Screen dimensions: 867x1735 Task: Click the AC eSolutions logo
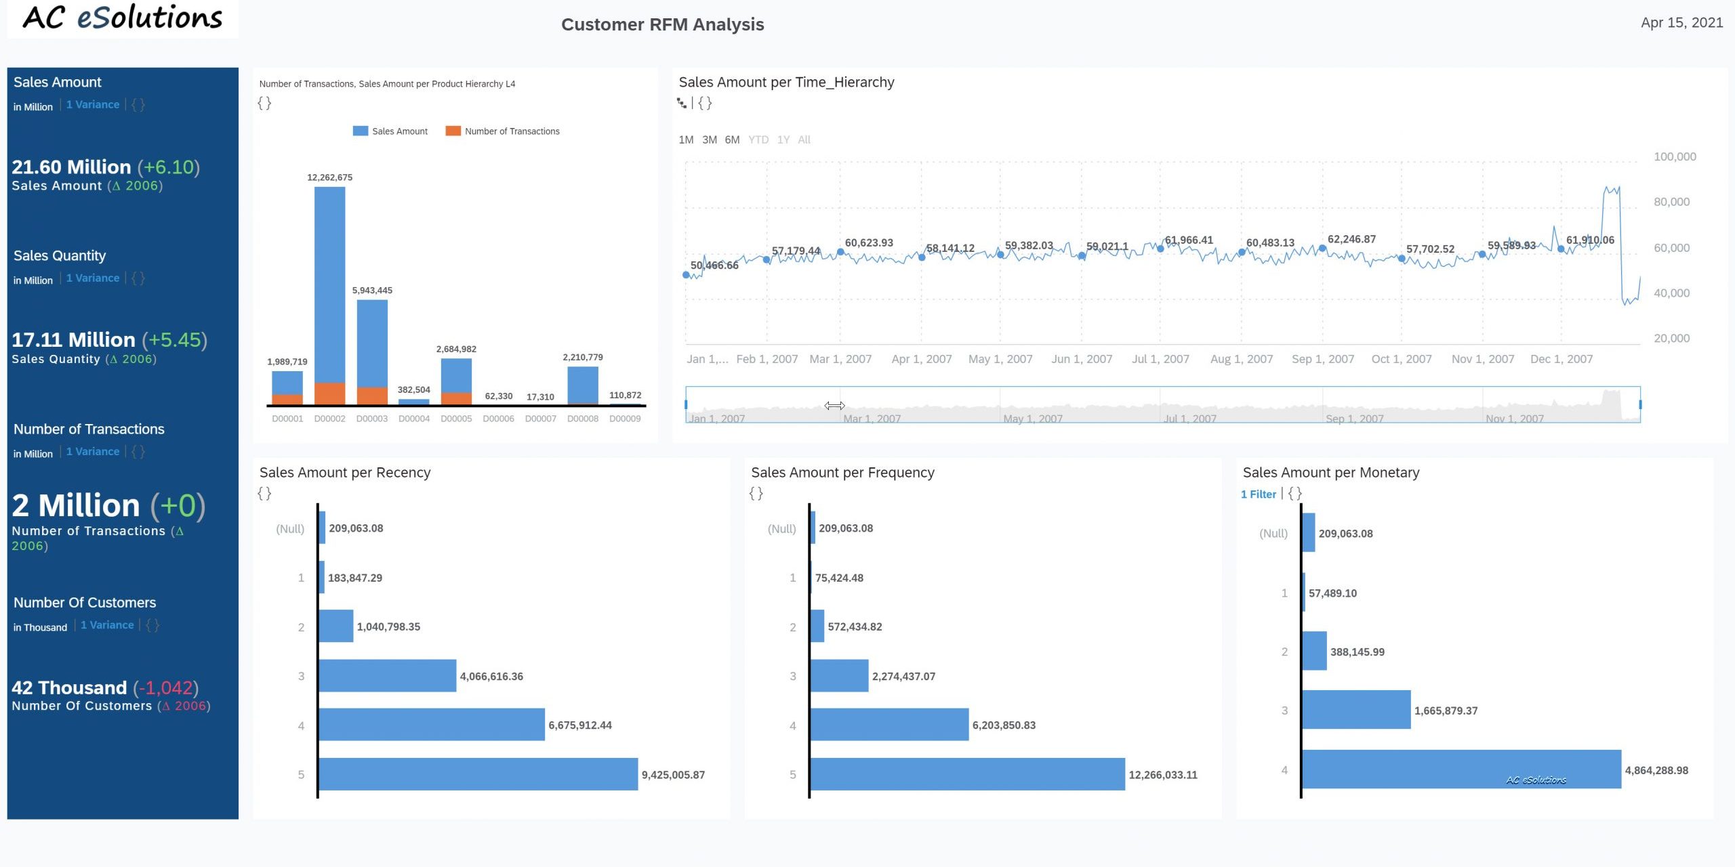[x=123, y=18]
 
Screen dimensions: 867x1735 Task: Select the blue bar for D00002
[x=329, y=284]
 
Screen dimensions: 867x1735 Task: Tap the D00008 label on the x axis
[x=583, y=419]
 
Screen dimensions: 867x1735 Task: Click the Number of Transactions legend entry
[x=503, y=131]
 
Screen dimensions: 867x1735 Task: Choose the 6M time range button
[x=732, y=140]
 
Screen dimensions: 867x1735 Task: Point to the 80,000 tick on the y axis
[x=1671, y=202]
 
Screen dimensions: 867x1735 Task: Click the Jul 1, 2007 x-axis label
[x=1160, y=359]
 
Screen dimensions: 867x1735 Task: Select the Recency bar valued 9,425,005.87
[x=478, y=774]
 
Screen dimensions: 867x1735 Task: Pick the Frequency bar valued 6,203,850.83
[x=889, y=725]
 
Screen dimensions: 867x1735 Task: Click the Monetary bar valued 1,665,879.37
[x=1356, y=710]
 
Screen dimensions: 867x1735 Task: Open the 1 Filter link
[x=1259, y=494]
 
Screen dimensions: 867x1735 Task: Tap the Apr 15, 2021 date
[x=1681, y=22]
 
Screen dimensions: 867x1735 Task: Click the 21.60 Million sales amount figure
[x=71, y=167]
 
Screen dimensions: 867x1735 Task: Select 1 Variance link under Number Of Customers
[x=107, y=625]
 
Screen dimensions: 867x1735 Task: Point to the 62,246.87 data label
[x=1351, y=239]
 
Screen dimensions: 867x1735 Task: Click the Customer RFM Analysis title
[x=662, y=24]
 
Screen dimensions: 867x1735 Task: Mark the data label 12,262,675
[x=329, y=177]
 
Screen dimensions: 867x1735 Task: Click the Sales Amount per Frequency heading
[x=842, y=473]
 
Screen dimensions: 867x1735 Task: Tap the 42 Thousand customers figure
[x=69, y=688]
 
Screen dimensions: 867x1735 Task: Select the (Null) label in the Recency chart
[x=290, y=528]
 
